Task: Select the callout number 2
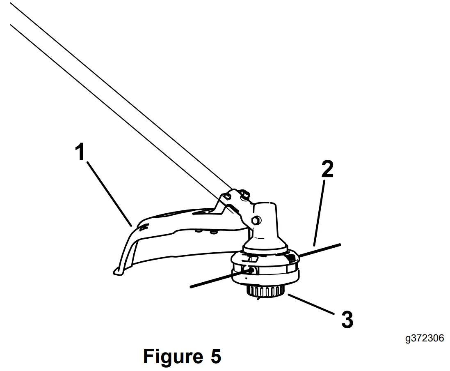(327, 170)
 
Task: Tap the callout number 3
(347, 320)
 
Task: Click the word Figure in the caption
(170, 356)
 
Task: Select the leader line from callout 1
(109, 194)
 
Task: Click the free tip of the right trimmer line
(340, 244)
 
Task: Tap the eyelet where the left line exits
(249, 270)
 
